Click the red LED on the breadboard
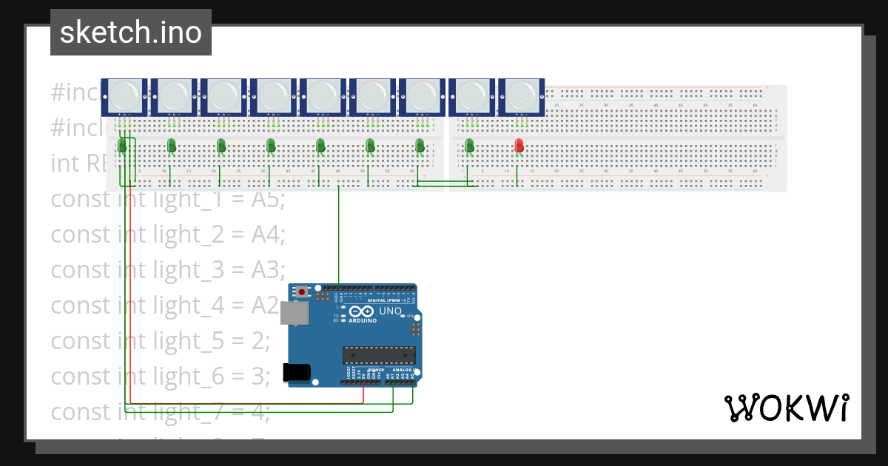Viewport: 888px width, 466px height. point(519,145)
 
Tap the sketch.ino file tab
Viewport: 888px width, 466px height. point(131,33)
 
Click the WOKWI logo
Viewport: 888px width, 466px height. point(785,408)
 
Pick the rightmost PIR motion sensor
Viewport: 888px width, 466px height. point(521,96)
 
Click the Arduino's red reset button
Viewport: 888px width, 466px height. point(302,292)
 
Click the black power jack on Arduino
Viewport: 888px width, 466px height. point(297,372)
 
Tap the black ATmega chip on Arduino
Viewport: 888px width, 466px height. point(378,355)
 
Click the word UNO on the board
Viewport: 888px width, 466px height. point(390,311)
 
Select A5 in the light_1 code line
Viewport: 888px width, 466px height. point(267,199)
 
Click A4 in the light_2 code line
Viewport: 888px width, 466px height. point(267,234)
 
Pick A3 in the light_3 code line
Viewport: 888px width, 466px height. point(267,270)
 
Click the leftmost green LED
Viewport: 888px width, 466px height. point(122,146)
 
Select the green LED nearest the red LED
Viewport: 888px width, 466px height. point(469,145)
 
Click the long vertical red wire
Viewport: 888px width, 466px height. point(131,296)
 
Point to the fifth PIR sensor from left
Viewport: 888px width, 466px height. point(322,96)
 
